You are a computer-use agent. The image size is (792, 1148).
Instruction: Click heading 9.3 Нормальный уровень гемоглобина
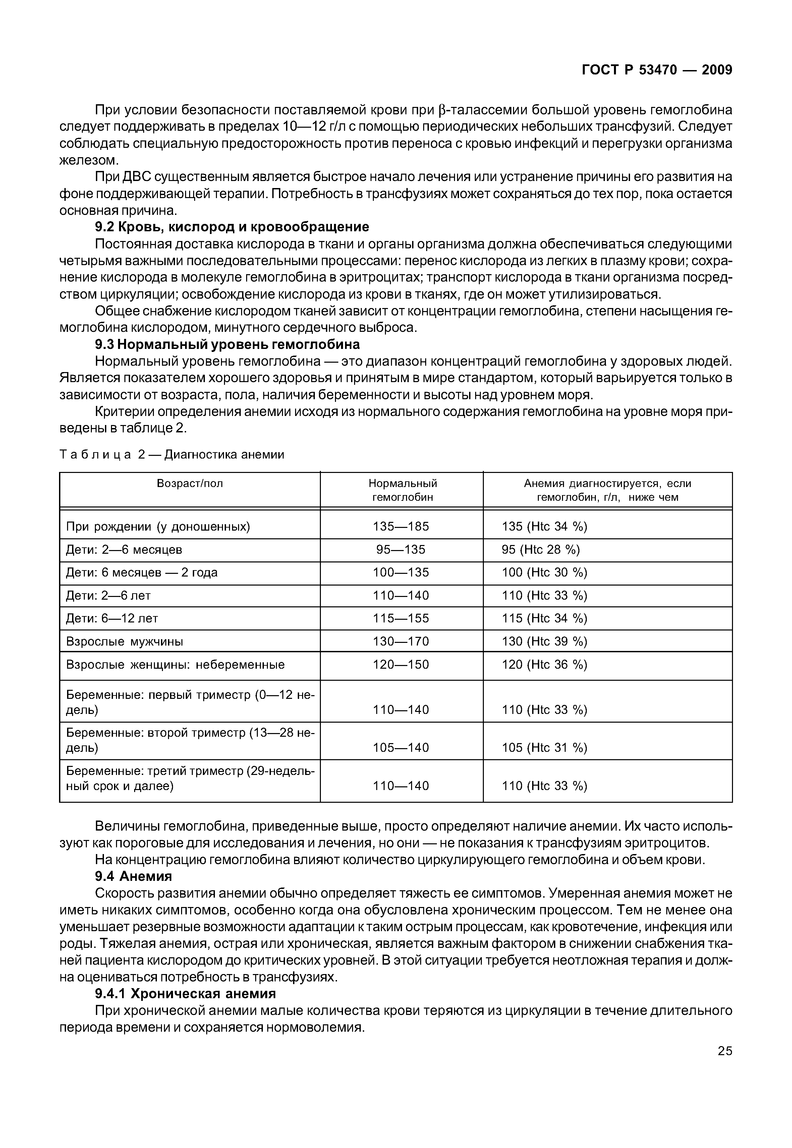point(227,344)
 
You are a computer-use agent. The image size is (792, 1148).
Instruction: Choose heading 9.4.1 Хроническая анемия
point(185,994)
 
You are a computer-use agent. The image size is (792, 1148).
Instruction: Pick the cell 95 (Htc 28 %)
point(541,550)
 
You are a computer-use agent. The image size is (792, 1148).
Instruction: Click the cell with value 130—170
point(401,642)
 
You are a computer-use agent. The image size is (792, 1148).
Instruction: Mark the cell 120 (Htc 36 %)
point(545,664)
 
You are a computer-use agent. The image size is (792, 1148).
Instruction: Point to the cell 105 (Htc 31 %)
point(545,748)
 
